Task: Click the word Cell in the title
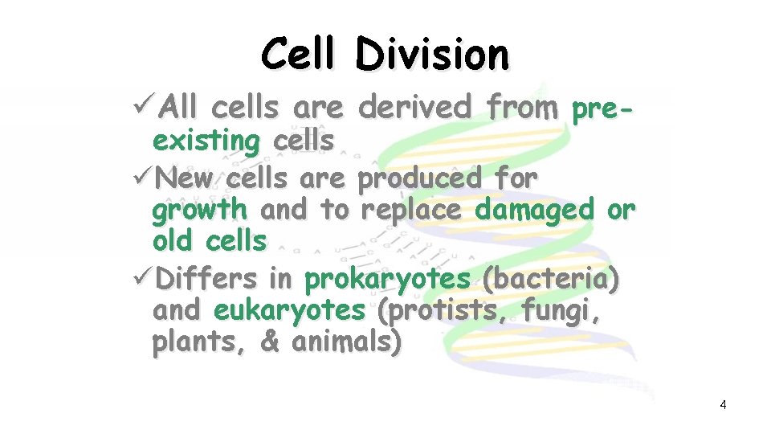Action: (x=300, y=55)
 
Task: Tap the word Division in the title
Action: (x=432, y=55)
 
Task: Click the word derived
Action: (x=416, y=106)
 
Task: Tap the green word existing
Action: (x=206, y=141)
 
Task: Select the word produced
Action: (x=420, y=178)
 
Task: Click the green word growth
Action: (x=199, y=211)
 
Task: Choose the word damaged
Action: (x=534, y=211)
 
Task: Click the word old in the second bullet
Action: (x=174, y=240)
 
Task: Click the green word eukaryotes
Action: (x=288, y=311)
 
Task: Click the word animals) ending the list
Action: (x=345, y=343)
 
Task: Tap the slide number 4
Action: (x=723, y=405)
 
